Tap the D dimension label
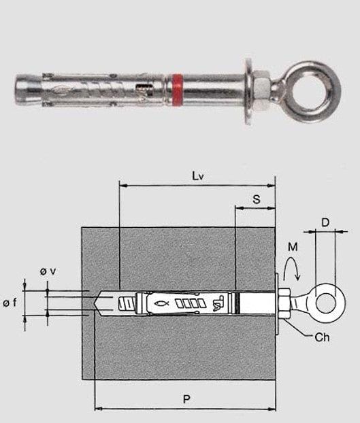[x=325, y=223]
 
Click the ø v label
[x=48, y=271]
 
